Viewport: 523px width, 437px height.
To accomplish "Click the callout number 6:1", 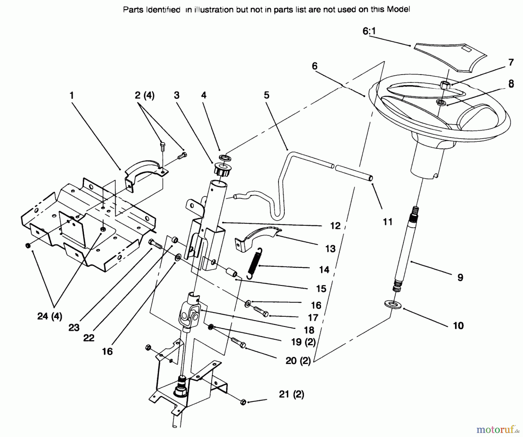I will tap(369, 31).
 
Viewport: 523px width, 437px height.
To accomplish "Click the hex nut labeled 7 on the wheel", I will tap(445, 85).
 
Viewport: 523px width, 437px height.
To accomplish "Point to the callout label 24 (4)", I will tap(50, 316).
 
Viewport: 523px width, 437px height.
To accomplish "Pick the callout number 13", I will tap(330, 249).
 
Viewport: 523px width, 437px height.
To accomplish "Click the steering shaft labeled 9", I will tap(407, 247).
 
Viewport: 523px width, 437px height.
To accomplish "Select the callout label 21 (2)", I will tap(291, 394).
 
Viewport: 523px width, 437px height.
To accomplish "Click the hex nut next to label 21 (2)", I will tap(243, 402).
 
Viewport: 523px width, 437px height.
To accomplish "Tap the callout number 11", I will tap(388, 222).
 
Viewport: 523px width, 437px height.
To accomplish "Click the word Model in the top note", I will tap(399, 10).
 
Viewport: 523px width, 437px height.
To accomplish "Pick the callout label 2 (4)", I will tap(144, 95).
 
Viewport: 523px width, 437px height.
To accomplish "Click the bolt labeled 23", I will tap(156, 244).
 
